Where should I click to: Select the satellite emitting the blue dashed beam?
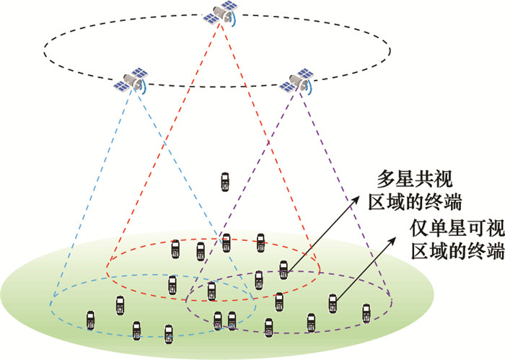[131, 80]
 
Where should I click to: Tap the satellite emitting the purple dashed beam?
[297, 82]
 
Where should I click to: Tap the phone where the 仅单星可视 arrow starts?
[333, 302]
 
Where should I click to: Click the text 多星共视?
[419, 179]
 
